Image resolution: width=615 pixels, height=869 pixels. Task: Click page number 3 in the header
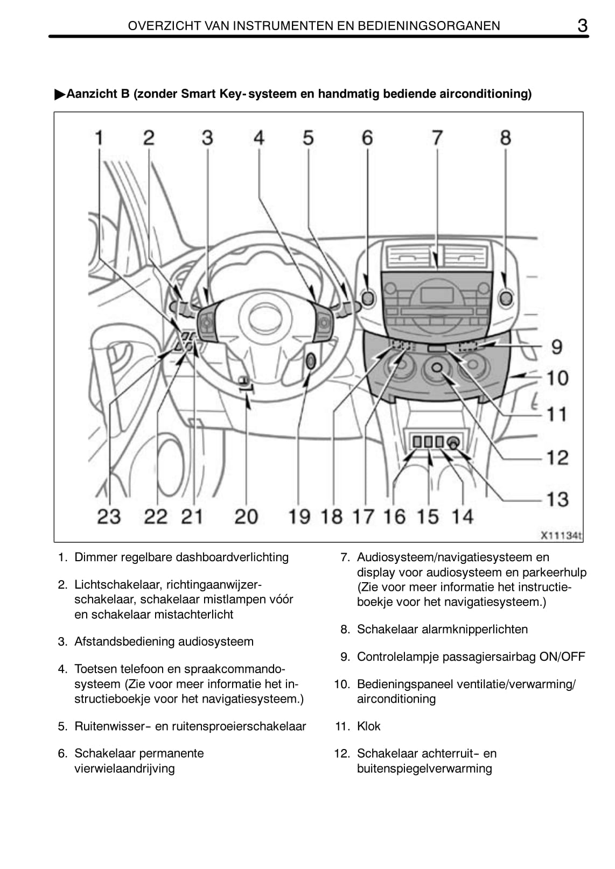582,25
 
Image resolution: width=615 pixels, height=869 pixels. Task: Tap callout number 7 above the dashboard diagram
437,138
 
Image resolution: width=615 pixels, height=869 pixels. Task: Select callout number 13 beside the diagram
557,499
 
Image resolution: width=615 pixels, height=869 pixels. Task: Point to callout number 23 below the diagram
109,517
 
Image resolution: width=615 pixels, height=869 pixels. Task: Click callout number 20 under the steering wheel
246,517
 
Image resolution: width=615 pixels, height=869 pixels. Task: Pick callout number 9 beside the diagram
557,347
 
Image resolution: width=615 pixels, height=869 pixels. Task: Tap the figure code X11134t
561,535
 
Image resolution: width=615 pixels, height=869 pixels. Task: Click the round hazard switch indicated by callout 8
506,297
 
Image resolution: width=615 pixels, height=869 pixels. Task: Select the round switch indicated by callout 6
368,298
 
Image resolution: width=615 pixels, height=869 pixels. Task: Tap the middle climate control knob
437,368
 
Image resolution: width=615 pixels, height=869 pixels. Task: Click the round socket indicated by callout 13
453,442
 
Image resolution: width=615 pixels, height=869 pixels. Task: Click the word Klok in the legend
368,726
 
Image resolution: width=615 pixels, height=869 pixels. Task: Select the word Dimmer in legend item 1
95,557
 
